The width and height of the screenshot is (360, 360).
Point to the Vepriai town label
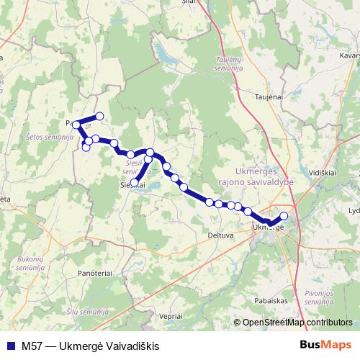click(x=171, y=316)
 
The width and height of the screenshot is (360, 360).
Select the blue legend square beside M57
click(x=9, y=346)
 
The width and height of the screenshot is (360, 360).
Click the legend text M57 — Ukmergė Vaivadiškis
click(x=90, y=346)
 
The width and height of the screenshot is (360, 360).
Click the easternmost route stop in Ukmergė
click(x=284, y=216)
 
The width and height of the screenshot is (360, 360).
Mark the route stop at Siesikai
click(x=135, y=182)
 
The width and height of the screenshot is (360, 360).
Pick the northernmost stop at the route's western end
click(x=99, y=116)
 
